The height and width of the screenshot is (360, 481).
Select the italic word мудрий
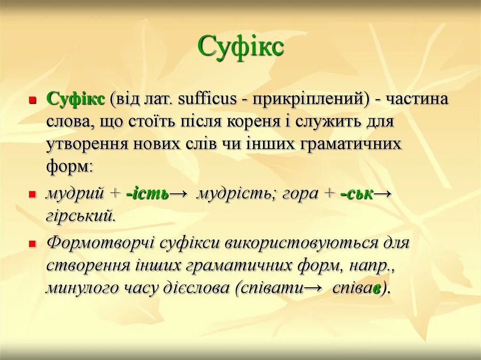(x=75, y=193)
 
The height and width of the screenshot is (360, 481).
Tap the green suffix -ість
(x=147, y=193)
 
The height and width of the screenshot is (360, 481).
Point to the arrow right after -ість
(x=179, y=193)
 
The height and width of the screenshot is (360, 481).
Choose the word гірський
(x=80, y=216)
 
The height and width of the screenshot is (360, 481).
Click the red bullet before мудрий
(x=32, y=194)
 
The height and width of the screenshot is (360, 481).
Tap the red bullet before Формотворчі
(x=32, y=244)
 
